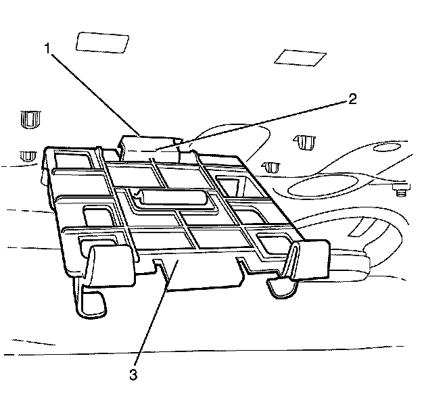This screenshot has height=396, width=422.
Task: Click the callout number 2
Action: [351, 99]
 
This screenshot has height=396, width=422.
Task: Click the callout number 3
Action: [135, 373]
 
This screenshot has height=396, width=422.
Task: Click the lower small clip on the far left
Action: [27, 156]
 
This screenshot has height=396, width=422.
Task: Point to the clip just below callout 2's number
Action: [305, 143]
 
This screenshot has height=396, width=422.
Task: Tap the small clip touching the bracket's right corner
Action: [272, 166]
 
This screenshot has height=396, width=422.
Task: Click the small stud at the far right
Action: [399, 189]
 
